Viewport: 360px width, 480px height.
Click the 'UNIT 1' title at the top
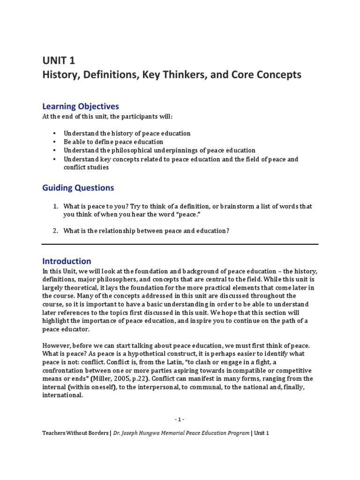[59, 60]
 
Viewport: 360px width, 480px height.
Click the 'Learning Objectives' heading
[81, 106]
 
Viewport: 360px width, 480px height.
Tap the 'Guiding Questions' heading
[78, 187]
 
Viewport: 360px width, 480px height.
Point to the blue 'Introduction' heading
[67, 261]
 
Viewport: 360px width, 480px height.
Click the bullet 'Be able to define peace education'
[113, 142]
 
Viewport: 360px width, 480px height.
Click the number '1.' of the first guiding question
[55, 206]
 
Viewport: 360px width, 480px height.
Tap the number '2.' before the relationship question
[55, 231]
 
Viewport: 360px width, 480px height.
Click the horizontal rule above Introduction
[180, 244]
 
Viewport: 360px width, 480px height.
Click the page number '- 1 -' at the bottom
[180, 419]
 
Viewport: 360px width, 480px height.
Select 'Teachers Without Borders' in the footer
[75, 433]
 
